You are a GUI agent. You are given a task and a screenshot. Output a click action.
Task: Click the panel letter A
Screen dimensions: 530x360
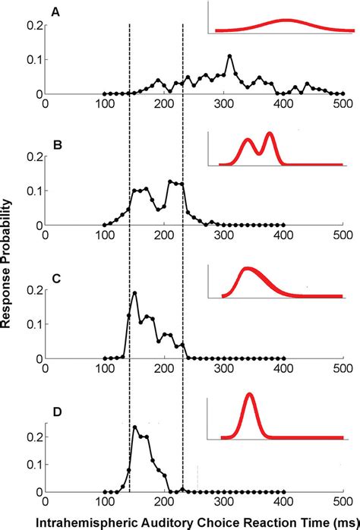pos(55,13)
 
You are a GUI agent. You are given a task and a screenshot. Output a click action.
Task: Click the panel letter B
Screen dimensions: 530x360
pos(55,143)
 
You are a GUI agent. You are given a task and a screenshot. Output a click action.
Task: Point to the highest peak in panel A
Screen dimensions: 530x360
pos(229,56)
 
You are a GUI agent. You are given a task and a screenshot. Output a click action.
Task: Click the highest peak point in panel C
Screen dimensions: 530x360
pos(134,293)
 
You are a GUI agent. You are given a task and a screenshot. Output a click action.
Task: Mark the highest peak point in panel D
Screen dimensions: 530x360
pos(134,427)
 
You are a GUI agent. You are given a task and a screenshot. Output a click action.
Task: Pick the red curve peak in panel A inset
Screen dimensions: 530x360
pos(286,21)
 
